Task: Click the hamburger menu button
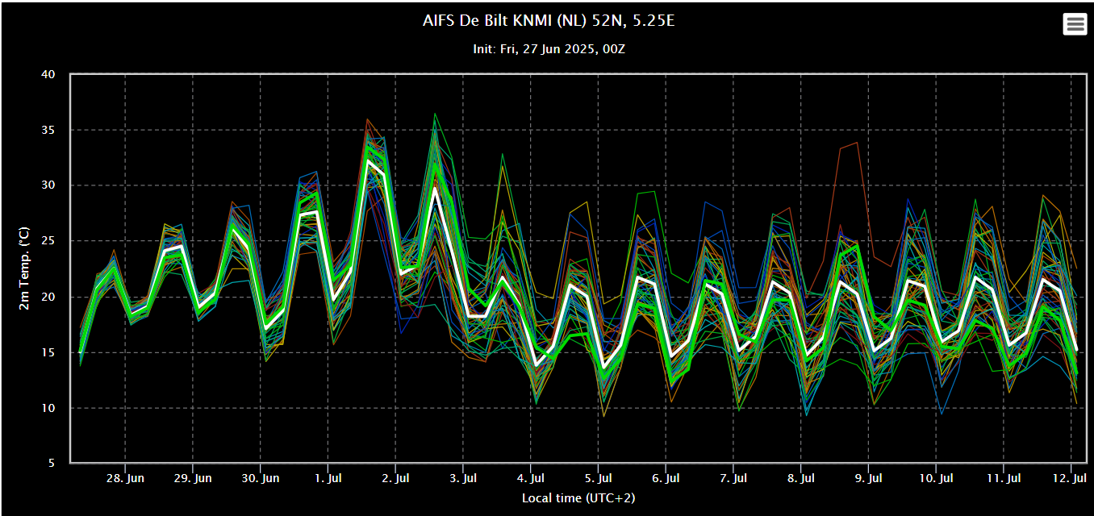coord(1075,24)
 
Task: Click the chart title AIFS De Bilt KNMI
coord(548,21)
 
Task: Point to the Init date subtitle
coord(549,49)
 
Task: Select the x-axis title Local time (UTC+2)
coord(578,497)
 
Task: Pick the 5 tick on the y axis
coord(52,464)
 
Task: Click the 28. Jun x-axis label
coord(125,478)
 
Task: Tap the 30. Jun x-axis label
coord(261,478)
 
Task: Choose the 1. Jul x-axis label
coord(328,478)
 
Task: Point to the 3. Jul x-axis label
coord(463,478)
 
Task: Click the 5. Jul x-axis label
coord(598,478)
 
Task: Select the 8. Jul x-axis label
coord(800,478)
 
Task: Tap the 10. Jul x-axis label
coord(936,478)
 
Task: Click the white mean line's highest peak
coord(368,160)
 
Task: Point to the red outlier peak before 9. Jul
coord(857,143)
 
